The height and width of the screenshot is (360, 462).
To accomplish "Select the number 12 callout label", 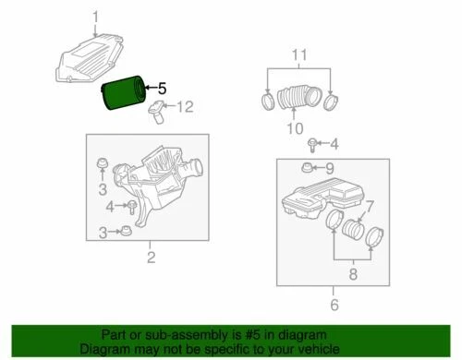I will (x=185, y=108).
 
